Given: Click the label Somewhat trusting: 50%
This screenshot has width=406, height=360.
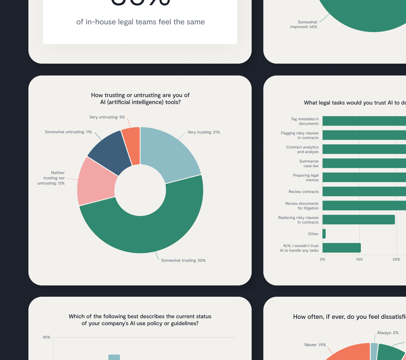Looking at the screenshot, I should (x=183, y=260).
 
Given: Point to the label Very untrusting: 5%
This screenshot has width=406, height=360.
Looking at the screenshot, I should (x=107, y=117).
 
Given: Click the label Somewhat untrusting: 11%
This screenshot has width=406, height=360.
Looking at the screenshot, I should (x=68, y=132).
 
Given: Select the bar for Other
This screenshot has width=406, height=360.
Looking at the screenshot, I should (x=324, y=234).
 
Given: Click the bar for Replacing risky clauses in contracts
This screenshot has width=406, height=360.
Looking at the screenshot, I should (x=358, y=219).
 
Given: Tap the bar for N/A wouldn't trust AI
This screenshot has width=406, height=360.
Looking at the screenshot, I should (x=341, y=248).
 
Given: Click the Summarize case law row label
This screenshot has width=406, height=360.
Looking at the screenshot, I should (x=309, y=163).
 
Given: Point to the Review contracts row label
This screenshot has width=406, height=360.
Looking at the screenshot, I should (x=304, y=192).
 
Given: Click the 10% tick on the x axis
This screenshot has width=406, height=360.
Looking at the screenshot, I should (x=359, y=259).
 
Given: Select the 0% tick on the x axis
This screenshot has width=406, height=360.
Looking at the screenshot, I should (x=322, y=259).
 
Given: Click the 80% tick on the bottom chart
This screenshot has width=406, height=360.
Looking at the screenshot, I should (x=47, y=337).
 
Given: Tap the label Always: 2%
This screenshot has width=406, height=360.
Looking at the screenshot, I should (x=388, y=333).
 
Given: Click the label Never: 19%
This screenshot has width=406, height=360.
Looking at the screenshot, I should (x=315, y=345).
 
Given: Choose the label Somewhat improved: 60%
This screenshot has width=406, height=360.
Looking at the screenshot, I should (x=304, y=24).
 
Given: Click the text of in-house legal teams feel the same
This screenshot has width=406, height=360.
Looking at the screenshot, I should (x=140, y=22).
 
